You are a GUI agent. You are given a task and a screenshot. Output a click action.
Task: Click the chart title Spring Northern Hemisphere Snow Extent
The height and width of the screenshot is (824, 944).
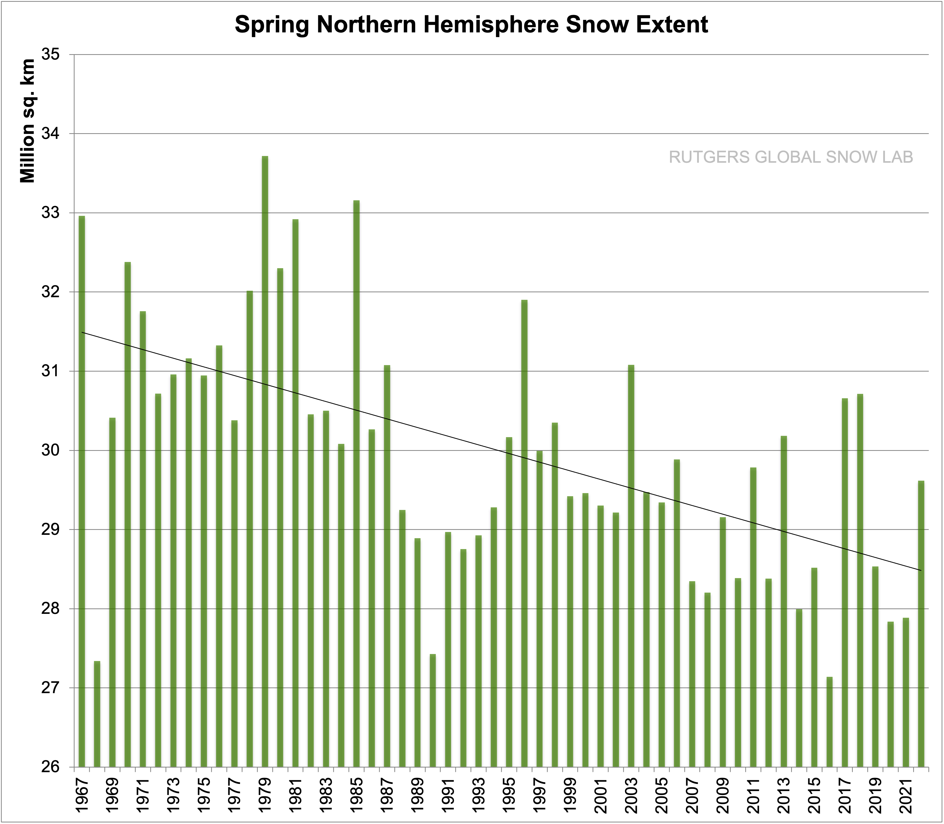click(x=471, y=25)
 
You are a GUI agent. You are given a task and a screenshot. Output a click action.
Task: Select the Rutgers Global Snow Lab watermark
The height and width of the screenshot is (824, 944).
click(x=791, y=157)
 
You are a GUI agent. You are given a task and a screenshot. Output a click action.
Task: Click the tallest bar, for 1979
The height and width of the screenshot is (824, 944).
click(x=265, y=460)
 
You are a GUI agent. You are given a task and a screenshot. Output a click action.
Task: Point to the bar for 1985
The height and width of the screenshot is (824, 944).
click(x=356, y=483)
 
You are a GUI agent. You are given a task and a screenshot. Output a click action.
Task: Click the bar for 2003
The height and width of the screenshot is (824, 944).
click(x=631, y=566)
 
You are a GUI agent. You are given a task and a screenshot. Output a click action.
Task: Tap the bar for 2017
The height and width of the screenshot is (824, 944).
click(x=845, y=582)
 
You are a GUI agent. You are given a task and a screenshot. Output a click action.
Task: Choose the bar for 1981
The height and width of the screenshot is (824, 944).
click(x=295, y=492)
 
